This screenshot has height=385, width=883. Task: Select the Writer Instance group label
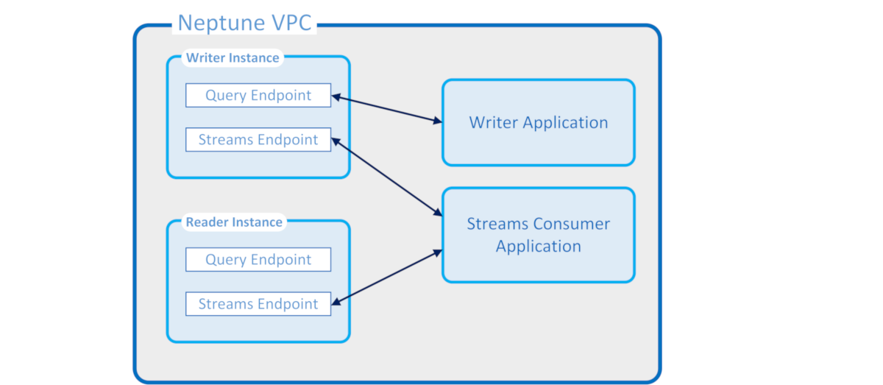click(x=233, y=57)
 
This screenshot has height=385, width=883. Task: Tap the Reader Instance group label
click(x=233, y=222)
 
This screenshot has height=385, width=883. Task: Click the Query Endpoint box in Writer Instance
click(x=258, y=95)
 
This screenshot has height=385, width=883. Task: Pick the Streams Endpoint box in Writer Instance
click(x=258, y=140)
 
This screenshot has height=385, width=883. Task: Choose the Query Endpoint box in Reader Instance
click(x=258, y=259)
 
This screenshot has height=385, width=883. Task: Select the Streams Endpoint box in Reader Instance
click(x=258, y=304)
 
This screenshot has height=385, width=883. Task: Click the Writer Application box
click(x=538, y=122)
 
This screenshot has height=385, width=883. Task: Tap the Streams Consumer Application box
click(x=538, y=235)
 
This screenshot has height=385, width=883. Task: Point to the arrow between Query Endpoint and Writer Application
click(x=386, y=108)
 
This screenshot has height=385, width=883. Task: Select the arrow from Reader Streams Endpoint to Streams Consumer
click(x=386, y=276)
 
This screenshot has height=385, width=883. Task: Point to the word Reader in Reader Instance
click(x=207, y=222)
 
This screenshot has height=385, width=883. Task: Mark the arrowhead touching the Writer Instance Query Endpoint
click(x=336, y=96)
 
